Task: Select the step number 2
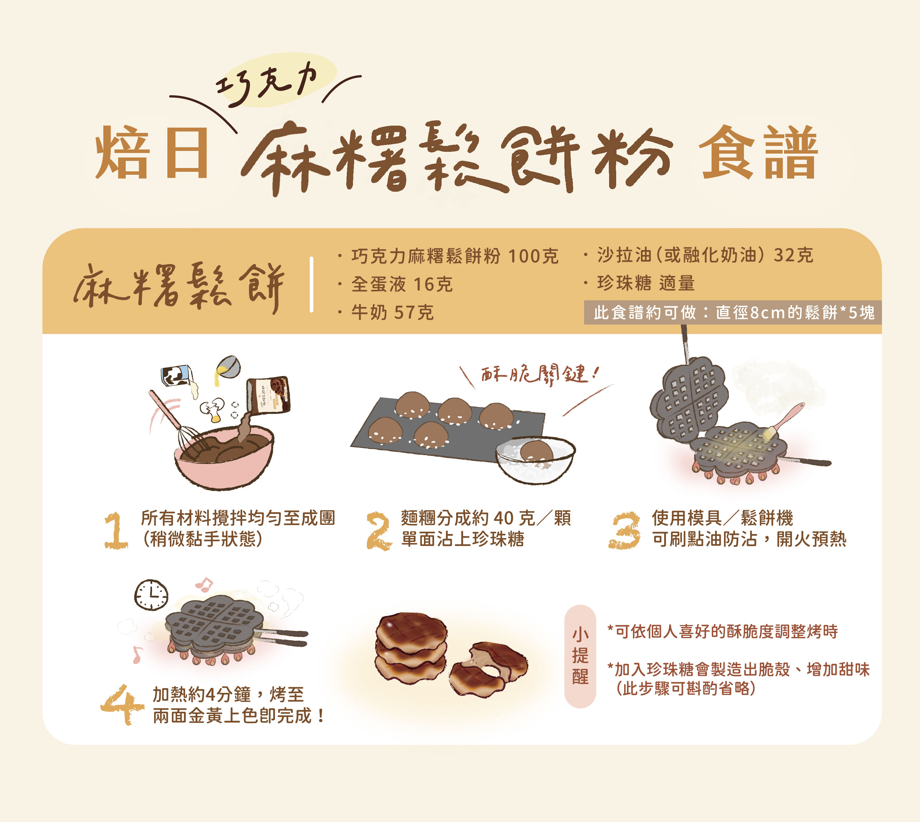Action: click(379, 531)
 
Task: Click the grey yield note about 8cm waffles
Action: click(733, 312)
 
